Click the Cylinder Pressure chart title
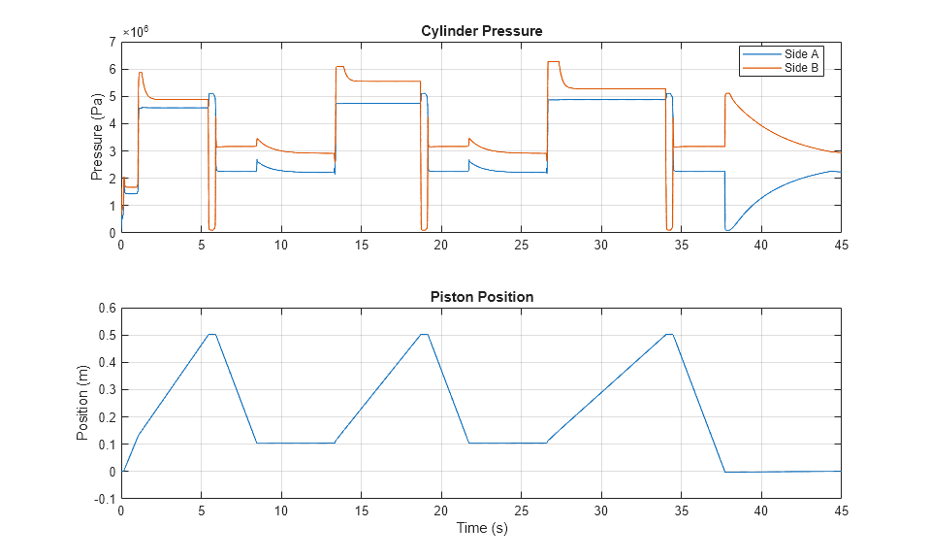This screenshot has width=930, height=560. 481,31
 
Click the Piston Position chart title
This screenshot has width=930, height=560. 481,297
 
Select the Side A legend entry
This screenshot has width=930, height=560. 802,54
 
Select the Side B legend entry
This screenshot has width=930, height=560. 802,67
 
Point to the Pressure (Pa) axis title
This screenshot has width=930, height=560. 97,137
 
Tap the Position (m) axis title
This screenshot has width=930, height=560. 84,403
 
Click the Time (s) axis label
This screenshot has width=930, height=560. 481,529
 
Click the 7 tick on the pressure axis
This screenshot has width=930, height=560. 112,42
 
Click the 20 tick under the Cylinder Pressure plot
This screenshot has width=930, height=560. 441,245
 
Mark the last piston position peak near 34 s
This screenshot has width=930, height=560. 669,335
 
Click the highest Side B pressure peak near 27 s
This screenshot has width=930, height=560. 553,62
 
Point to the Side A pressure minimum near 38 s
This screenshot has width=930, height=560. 727,230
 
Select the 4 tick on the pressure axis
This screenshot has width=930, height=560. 112,123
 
